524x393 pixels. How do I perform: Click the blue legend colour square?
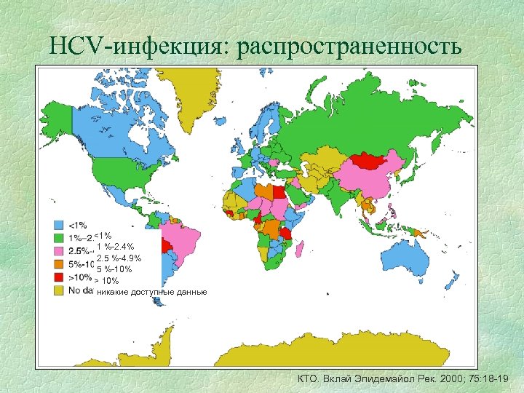tap(57, 224)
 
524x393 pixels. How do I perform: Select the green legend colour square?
tap(57, 237)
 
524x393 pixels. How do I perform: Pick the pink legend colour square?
tap(57, 250)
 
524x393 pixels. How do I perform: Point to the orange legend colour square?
tap(57, 263)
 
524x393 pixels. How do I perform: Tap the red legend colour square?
tap(57, 277)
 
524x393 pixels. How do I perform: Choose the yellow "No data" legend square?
tap(57, 290)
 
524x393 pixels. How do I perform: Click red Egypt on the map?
tap(279, 193)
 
